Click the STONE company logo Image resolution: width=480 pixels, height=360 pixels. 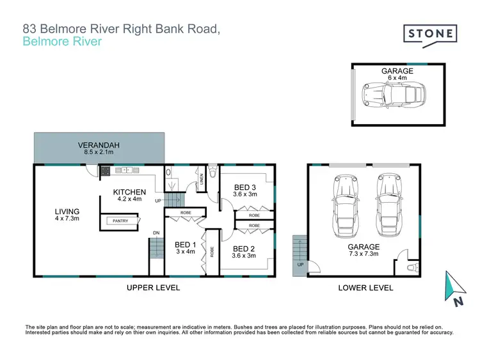pyautogui.click(x=430, y=33)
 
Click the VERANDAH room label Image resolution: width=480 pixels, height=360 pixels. pyautogui.click(x=99, y=146)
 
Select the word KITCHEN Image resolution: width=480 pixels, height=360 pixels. pyautogui.click(x=130, y=192)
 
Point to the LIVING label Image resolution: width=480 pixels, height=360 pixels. pyautogui.click(x=67, y=212)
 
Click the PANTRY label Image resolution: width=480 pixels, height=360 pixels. pyautogui.click(x=120, y=221)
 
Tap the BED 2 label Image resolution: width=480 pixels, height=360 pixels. pyautogui.click(x=244, y=248)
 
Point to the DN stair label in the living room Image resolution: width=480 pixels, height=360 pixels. pyautogui.click(x=156, y=232)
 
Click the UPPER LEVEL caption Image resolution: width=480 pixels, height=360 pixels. pyautogui.click(x=153, y=288)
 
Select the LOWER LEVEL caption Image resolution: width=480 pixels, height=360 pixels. pyautogui.click(x=365, y=288)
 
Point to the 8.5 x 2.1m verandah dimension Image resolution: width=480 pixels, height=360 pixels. pyautogui.click(x=99, y=153)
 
